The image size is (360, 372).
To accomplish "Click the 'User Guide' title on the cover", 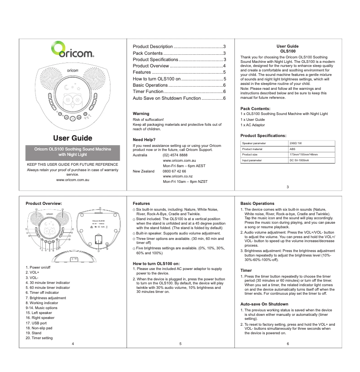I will click(x=73, y=138).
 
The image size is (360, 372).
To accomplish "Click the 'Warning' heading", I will click(x=141, y=114).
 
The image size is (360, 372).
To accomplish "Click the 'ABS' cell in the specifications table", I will click(x=292, y=149).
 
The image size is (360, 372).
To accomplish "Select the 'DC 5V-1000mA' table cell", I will click(x=299, y=160).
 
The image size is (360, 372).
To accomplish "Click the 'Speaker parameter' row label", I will click(x=254, y=143).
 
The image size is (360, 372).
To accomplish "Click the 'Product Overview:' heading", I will click(x=44, y=204).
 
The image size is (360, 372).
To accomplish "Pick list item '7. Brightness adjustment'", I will click(x=46, y=298).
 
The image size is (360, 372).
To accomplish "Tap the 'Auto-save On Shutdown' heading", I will click(x=264, y=304).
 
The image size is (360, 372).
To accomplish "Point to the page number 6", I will click(x=288, y=344).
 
